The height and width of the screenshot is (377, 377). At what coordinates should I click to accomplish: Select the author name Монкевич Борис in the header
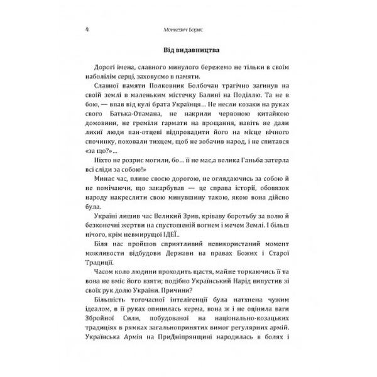[x=188, y=29]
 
